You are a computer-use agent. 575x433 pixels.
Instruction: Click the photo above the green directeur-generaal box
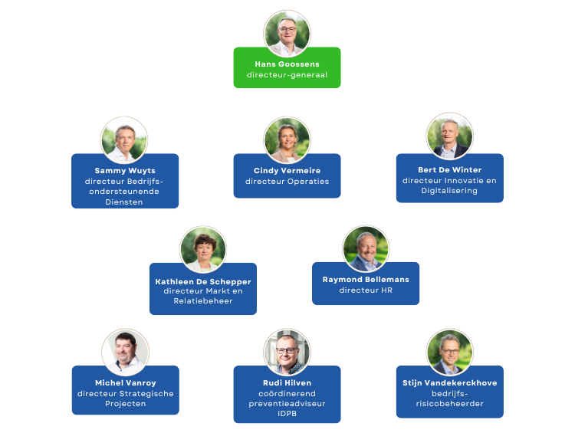point(287,34)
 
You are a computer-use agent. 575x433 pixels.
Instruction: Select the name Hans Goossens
point(287,64)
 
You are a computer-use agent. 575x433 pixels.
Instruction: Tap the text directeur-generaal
point(287,75)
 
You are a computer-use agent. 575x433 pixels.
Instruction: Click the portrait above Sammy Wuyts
point(124,140)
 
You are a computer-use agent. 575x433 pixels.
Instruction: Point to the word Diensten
point(124,202)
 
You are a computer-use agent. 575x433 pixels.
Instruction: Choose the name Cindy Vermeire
point(287,170)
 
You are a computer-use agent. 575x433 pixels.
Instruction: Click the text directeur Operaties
point(287,181)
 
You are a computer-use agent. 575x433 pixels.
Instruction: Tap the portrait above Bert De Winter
point(450,136)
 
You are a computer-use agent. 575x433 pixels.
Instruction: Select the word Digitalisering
point(449,191)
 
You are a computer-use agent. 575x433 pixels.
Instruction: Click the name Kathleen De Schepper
point(203,281)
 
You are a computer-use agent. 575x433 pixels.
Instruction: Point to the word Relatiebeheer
point(203,301)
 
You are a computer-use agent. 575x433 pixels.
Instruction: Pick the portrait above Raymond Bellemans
point(366,249)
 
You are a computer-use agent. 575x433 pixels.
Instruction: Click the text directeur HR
point(366,290)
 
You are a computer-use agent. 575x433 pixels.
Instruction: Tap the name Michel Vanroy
point(126,382)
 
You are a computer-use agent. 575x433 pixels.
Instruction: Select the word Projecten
point(126,404)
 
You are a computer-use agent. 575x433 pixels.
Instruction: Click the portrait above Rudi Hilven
point(287,353)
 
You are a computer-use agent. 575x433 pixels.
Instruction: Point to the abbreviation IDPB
point(287,414)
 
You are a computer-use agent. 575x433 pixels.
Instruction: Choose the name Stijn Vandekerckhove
point(450,382)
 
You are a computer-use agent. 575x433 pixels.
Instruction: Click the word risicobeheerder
point(449,404)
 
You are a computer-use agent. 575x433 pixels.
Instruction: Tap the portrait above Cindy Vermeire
point(287,140)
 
